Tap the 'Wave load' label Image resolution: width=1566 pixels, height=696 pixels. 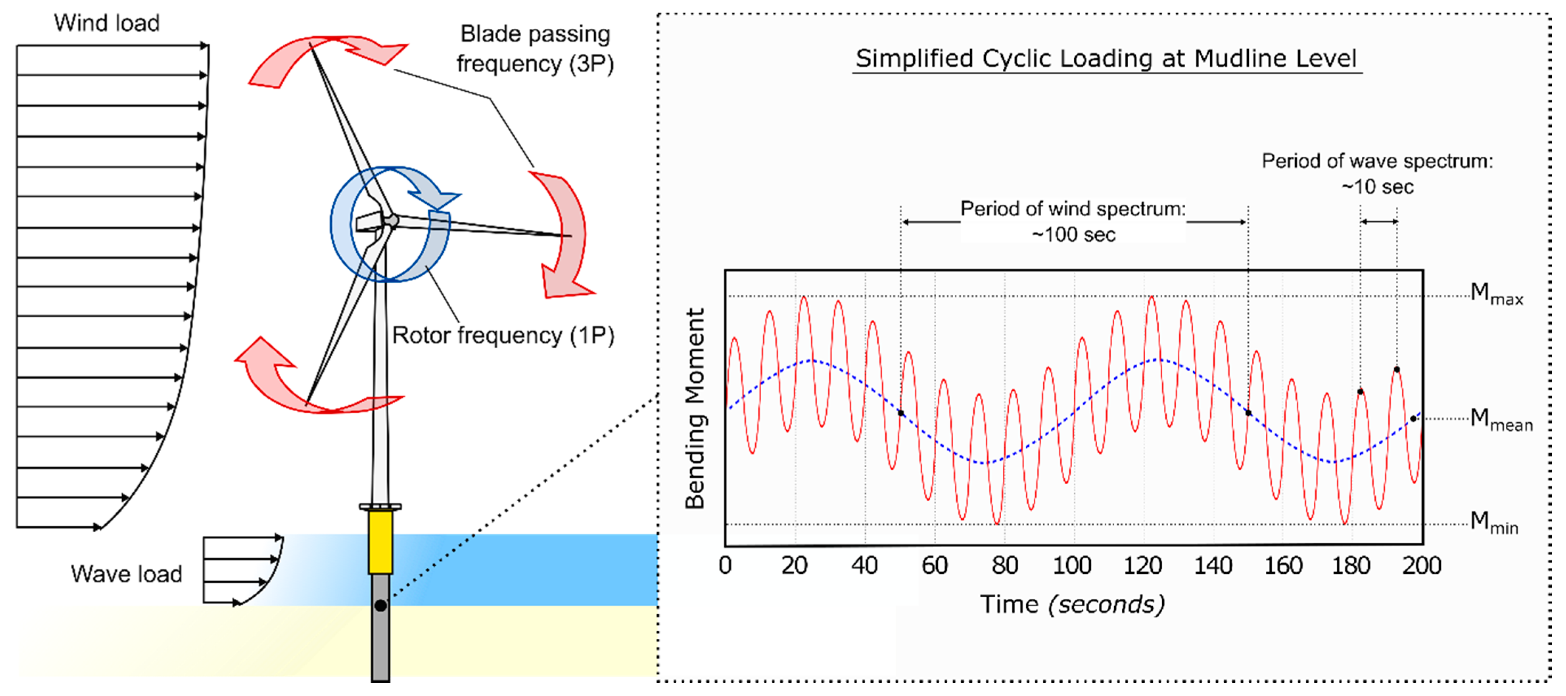click(126, 574)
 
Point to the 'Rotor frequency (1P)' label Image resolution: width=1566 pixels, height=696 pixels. click(503, 335)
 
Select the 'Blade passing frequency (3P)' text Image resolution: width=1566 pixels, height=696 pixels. click(535, 49)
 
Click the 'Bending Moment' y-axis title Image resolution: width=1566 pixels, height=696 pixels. click(694, 407)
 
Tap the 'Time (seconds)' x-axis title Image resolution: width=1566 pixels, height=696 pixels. click(1072, 604)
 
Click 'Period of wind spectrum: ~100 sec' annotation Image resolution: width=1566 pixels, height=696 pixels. click(1073, 221)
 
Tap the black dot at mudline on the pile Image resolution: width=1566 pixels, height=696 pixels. click(380, 606)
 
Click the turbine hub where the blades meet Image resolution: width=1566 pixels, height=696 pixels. click(392, 220)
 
